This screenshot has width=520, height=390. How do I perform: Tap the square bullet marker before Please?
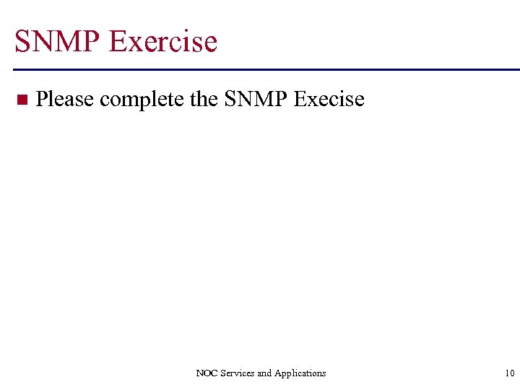(x=21, y=99)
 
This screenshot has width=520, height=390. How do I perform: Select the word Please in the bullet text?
(x=64, y=99)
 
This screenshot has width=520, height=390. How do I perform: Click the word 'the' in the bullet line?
(x=204, y=99)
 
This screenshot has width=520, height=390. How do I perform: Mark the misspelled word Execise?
(x=329, y=99)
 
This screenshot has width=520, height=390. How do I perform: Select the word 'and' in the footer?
(x=265, y=373)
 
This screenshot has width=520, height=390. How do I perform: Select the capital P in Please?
(x=42, y=99)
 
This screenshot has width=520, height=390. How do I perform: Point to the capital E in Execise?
(x=301, y=99)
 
